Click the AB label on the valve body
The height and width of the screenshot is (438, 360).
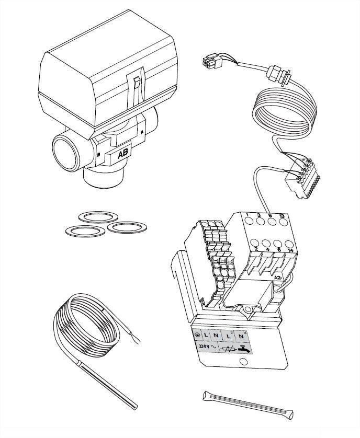[123, 154]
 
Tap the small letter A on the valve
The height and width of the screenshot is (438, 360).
[142, 132]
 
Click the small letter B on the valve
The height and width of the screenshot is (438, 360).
[99, 155]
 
